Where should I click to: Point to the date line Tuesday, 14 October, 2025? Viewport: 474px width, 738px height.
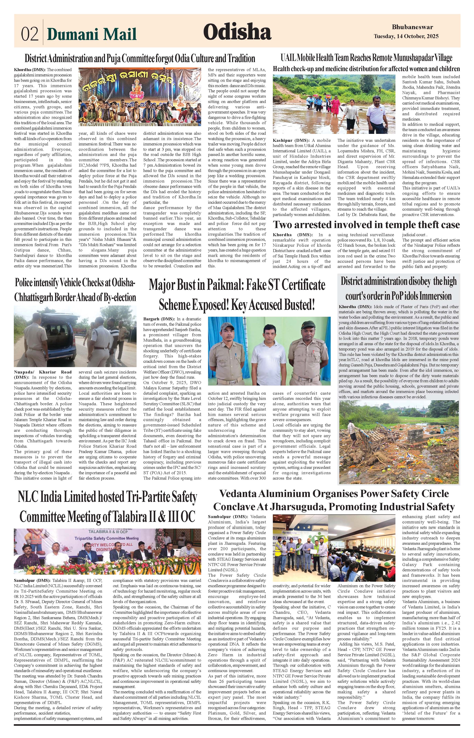coord(406,36)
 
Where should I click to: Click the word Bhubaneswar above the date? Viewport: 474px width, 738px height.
coord(413,27)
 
